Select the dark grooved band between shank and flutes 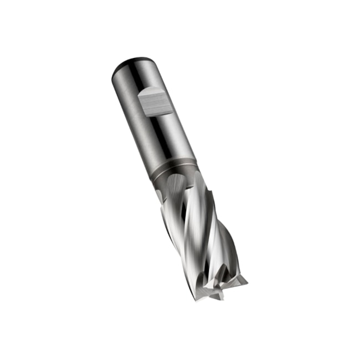coord(174,169)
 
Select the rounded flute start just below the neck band coord(176,183)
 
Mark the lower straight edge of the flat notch coord(157,114)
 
